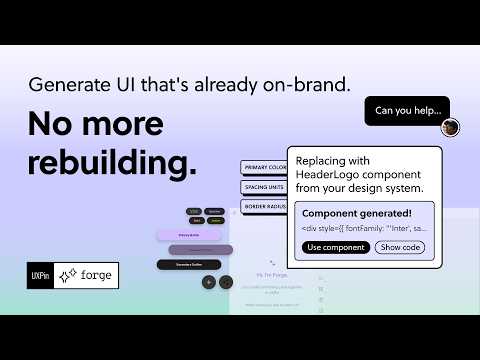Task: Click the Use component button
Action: pyautogui.click(x=335, y=247)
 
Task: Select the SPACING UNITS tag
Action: pyautogui.click(x=262, y=187)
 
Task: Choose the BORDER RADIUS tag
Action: pyautogui.click(x=262, y=206)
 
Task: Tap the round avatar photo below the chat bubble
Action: pyautogui.click(x=451, y=128)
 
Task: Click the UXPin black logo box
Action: pyautogui.click(x=40, y=275)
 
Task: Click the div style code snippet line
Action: pyautogui.click(x=362, y=229)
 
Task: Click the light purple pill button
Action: pyautogui.click(x=188, y=235)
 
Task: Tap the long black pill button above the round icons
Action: pyautogui.click(x=188, y=264)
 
